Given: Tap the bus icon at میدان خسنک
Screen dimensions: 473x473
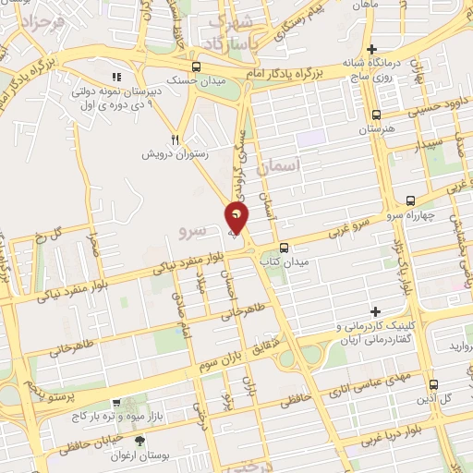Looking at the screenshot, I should click(196, 66).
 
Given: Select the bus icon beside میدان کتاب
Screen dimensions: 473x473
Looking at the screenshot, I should click(284, 247).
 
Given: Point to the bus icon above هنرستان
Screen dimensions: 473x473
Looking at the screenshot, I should click(376, 115).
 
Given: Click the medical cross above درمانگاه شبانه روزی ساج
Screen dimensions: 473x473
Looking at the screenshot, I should click(371, 49).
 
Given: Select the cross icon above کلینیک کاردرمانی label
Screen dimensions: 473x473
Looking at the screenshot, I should click(375, 310).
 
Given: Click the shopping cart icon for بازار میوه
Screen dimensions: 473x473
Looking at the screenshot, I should click(115, 403).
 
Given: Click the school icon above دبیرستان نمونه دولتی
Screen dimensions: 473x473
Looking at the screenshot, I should click(115, 77).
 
